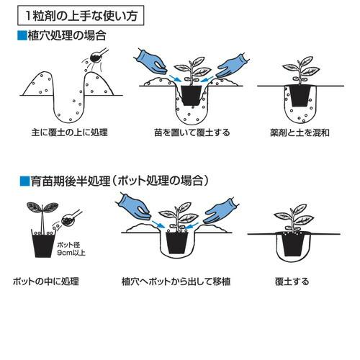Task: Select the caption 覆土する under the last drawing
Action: [291, 281]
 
